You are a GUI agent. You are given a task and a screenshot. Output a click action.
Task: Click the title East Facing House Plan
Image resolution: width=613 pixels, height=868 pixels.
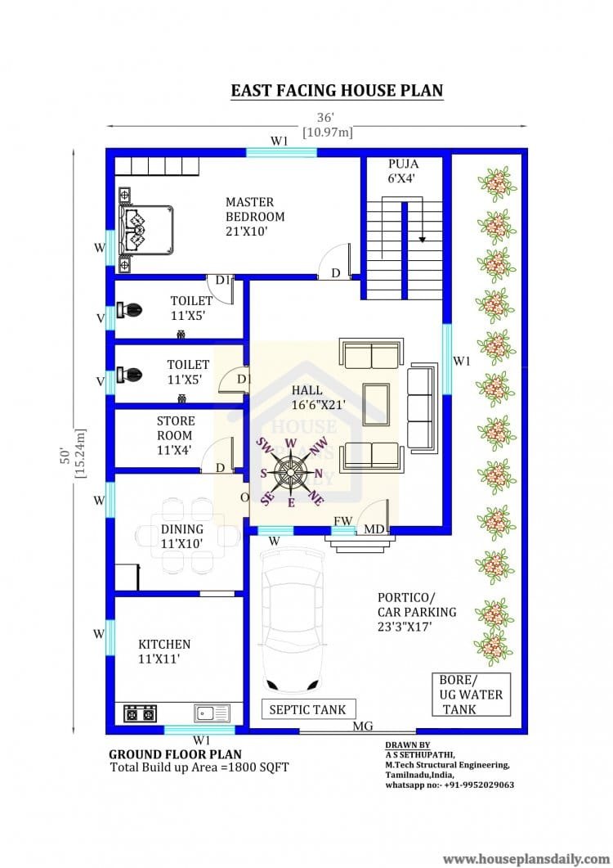coord(337,90)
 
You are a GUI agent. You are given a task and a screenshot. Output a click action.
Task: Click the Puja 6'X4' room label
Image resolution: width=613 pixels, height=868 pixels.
coord(403,170)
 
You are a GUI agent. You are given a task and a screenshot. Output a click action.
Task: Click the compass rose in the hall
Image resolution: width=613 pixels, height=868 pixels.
coord(290,473)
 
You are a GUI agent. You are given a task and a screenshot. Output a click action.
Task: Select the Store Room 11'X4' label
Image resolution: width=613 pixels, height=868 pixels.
coord(176,435)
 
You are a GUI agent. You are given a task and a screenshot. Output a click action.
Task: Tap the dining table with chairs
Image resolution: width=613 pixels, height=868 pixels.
coord(181,536)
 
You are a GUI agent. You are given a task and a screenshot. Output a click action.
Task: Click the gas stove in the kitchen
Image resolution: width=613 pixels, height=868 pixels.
coord(140,713)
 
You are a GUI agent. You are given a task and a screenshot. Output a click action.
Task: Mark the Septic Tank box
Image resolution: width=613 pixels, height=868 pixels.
coord(307,709)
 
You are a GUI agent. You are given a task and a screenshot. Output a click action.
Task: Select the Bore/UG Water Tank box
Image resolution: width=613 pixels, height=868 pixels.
coord(471,695)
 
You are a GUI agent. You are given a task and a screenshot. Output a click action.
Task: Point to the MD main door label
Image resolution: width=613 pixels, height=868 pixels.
coord(374,530)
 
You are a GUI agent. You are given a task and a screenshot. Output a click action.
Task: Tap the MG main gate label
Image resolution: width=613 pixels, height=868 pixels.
coord(364,726)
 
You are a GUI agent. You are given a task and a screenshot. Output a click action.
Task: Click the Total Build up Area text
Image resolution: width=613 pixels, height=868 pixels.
coord(199,767)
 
